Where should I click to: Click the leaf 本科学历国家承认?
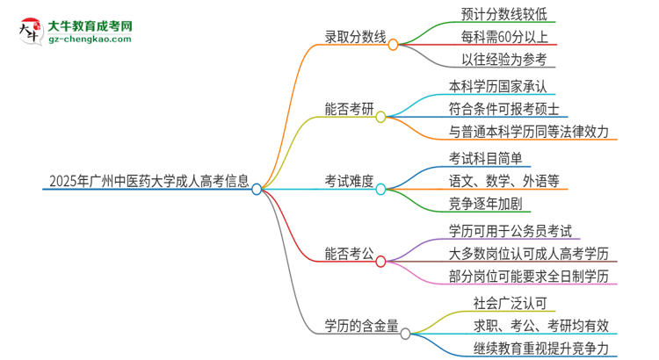tap(503, 87)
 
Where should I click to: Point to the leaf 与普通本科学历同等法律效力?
tap(527, 133)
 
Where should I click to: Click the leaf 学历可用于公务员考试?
tap(510, 231)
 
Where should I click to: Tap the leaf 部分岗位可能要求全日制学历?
tap(527, 277)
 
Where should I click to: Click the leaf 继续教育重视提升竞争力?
tap(540, 349)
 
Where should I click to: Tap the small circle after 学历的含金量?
tap(405, 334)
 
